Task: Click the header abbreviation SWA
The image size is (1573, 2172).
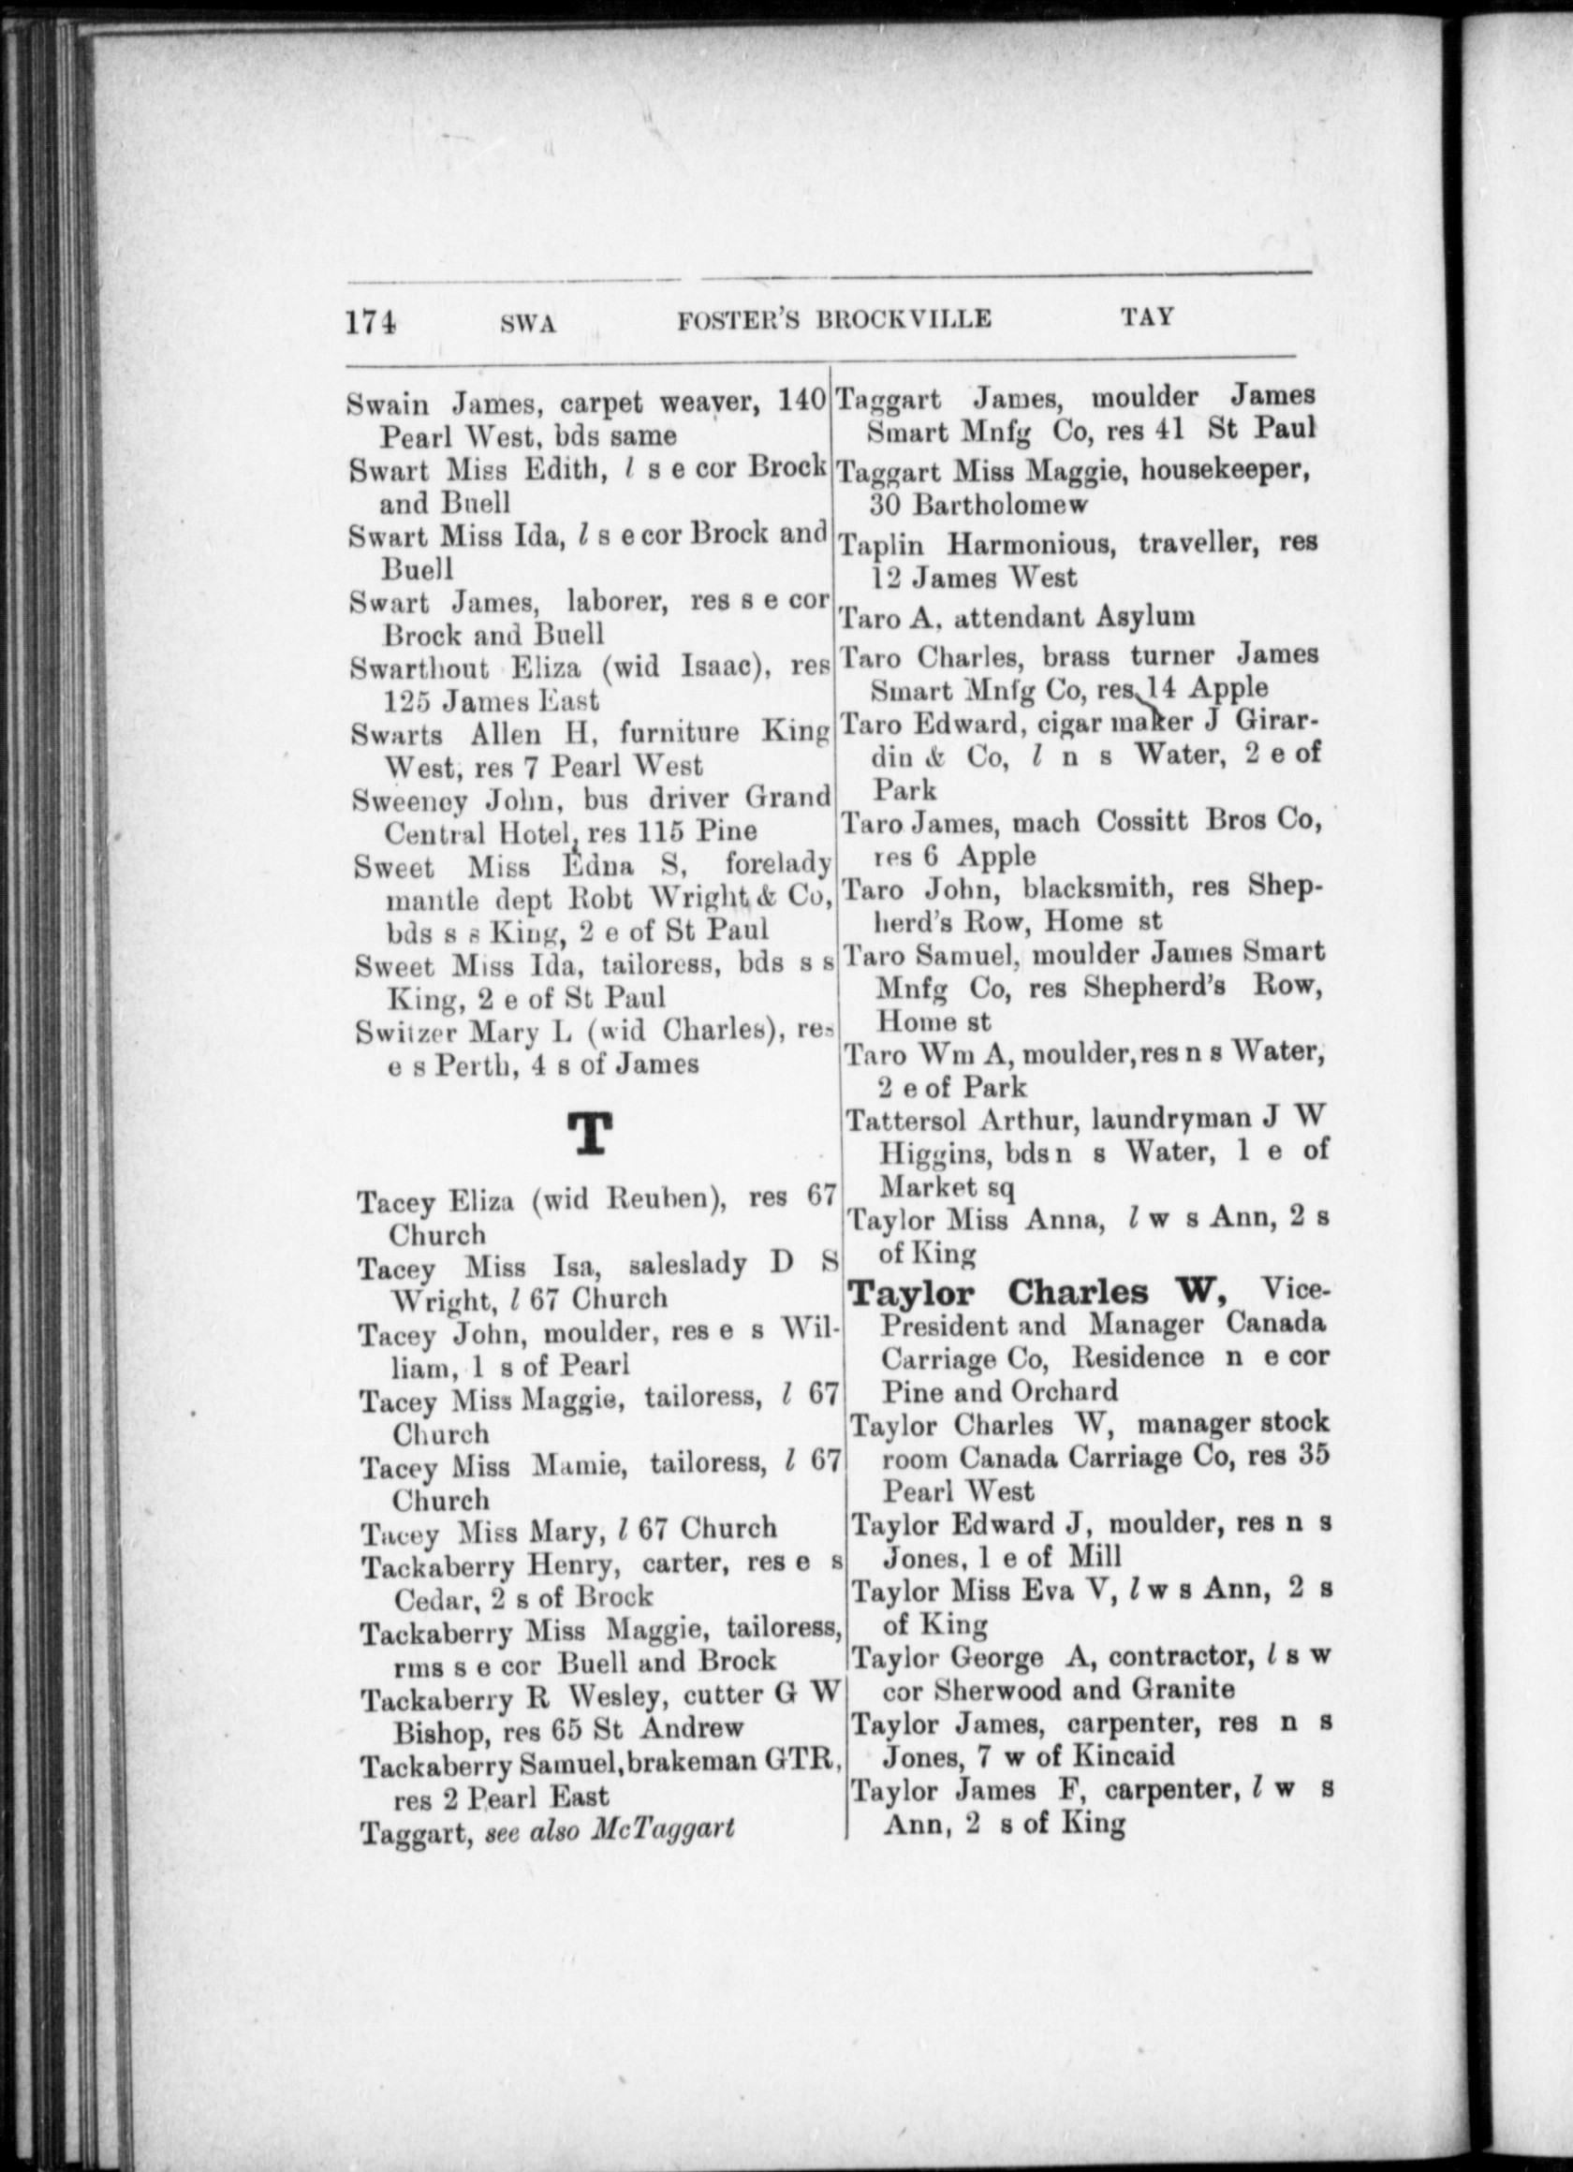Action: coord(528,323)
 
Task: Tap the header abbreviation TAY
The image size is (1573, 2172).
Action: coord(1147,317)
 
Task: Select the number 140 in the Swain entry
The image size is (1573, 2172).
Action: coord(801,404)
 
